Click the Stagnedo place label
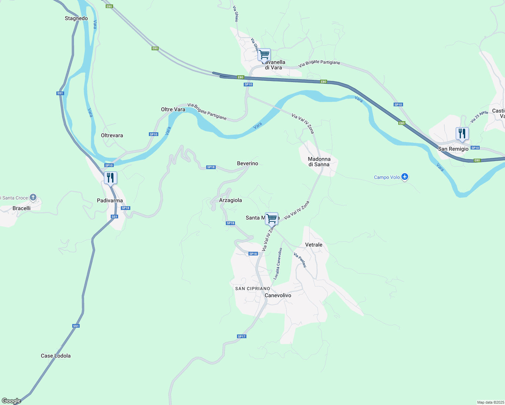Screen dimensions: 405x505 pyautogui.click(x=76, y=19)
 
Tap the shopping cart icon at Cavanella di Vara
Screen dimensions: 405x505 pyautogui.click(x=264, y=54)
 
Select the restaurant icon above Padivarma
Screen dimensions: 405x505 pyautogui.click(x=110, y=178)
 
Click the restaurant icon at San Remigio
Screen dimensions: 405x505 pyautogui.click(x=462, y=133)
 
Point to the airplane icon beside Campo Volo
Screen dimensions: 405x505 pyautogui.click(x=405, y=177)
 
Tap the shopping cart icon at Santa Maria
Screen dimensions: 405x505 pyautogui.click(x=271, y=218)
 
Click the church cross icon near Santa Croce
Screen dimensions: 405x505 pyautogui.click(x=33, y=197)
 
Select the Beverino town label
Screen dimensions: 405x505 pyautogui.click(x=247, y=163)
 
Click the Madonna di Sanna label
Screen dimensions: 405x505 pyautogui.click(x=319, y=162)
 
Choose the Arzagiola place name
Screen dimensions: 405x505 pyautogui.click(x=231, y=200)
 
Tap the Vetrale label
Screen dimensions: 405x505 pyautogui.click(x=314, y=245)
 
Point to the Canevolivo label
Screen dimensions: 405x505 pyautogui.click(x=278, y=295)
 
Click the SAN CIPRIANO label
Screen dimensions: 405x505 pyautogui.click(x=252, y=289)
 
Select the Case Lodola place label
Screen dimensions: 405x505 pyautogui.click(x=56, y=356)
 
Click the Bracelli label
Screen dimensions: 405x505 pyautogui.click(x=22, y=208)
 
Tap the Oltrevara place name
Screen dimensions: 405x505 pyautogui.click(x=112, y=135)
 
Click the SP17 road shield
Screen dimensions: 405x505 pyautogui.click(x=242, y=336)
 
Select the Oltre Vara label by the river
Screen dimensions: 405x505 pyautogui.click(x=173, y=109)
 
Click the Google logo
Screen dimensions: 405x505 pyautogui.click(x=11, y=401)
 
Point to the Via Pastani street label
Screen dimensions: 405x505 pyautogui.click(x=300, y=260)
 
